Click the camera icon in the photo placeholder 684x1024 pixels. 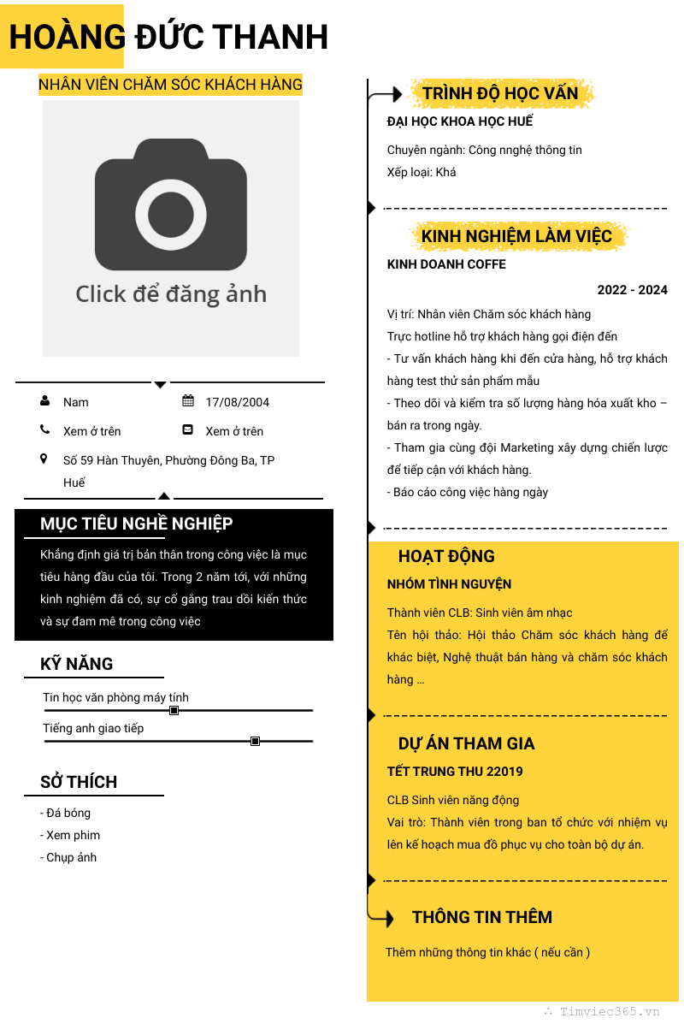coord(171,204)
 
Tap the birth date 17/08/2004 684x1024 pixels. coord(238,402)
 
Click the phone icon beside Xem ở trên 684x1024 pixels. coord(44,429)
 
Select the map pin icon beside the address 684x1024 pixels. coord(44,459)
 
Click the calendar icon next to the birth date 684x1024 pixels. coord(188,400)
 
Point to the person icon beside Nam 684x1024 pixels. coord(44,400)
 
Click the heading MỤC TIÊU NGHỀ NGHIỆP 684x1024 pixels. coord(137,524)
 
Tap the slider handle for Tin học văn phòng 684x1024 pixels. coord(174,711)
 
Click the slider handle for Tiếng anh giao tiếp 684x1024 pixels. coord(255,741)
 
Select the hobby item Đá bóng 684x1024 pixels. coord(65,813)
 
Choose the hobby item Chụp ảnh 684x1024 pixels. coord(68,857)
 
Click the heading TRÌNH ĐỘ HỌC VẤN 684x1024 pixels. coord(500,93)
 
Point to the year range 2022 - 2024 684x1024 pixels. coord(633,290)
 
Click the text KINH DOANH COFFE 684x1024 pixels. coord(446,264)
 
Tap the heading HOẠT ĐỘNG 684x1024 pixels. coord(446,556)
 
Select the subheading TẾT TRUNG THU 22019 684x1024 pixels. coord(455,772)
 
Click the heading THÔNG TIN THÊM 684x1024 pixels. coord(482,918)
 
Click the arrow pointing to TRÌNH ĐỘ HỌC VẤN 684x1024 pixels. coord(385,95)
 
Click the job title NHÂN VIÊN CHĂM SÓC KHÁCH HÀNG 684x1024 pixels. coord(170,85)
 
